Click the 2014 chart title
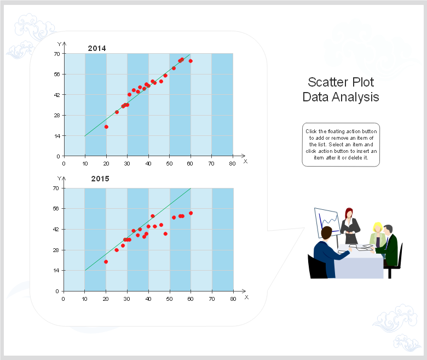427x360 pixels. pyautogui.click(x=97, y=48)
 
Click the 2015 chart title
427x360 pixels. pyautogui.click(x=100, y=179)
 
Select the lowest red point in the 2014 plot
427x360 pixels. pyautogui.click(x=106, y=127)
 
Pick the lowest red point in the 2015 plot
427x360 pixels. pyautogui.click(x=106, y=261)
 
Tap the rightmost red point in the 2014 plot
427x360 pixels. pyautogui.click(x=191, y=61)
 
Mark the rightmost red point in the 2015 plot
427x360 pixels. pyautogui.click(x=191, y=213)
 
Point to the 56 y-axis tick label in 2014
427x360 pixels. pyautogui.click(x=56, y=74)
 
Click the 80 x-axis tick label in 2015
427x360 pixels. pyautogui.click(x=233, y=299)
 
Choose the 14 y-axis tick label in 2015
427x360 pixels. pyautogui.click(x=56, y=270)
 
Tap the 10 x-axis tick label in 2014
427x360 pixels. pyautogui.click(x=85, y=163)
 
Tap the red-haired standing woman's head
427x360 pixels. pyautogui.click(x=349, y=213)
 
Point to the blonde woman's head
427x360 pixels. pyautogui.click(x=377, y=227)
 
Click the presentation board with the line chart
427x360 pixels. pyautogui.click(x=327, y=222)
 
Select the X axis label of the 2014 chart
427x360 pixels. pyautogui.click(x=245, y=161)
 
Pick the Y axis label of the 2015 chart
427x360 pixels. pyautogui.click(x=59, y=179)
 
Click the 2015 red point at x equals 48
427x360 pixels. pyautogui.click(x=165, y=234)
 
